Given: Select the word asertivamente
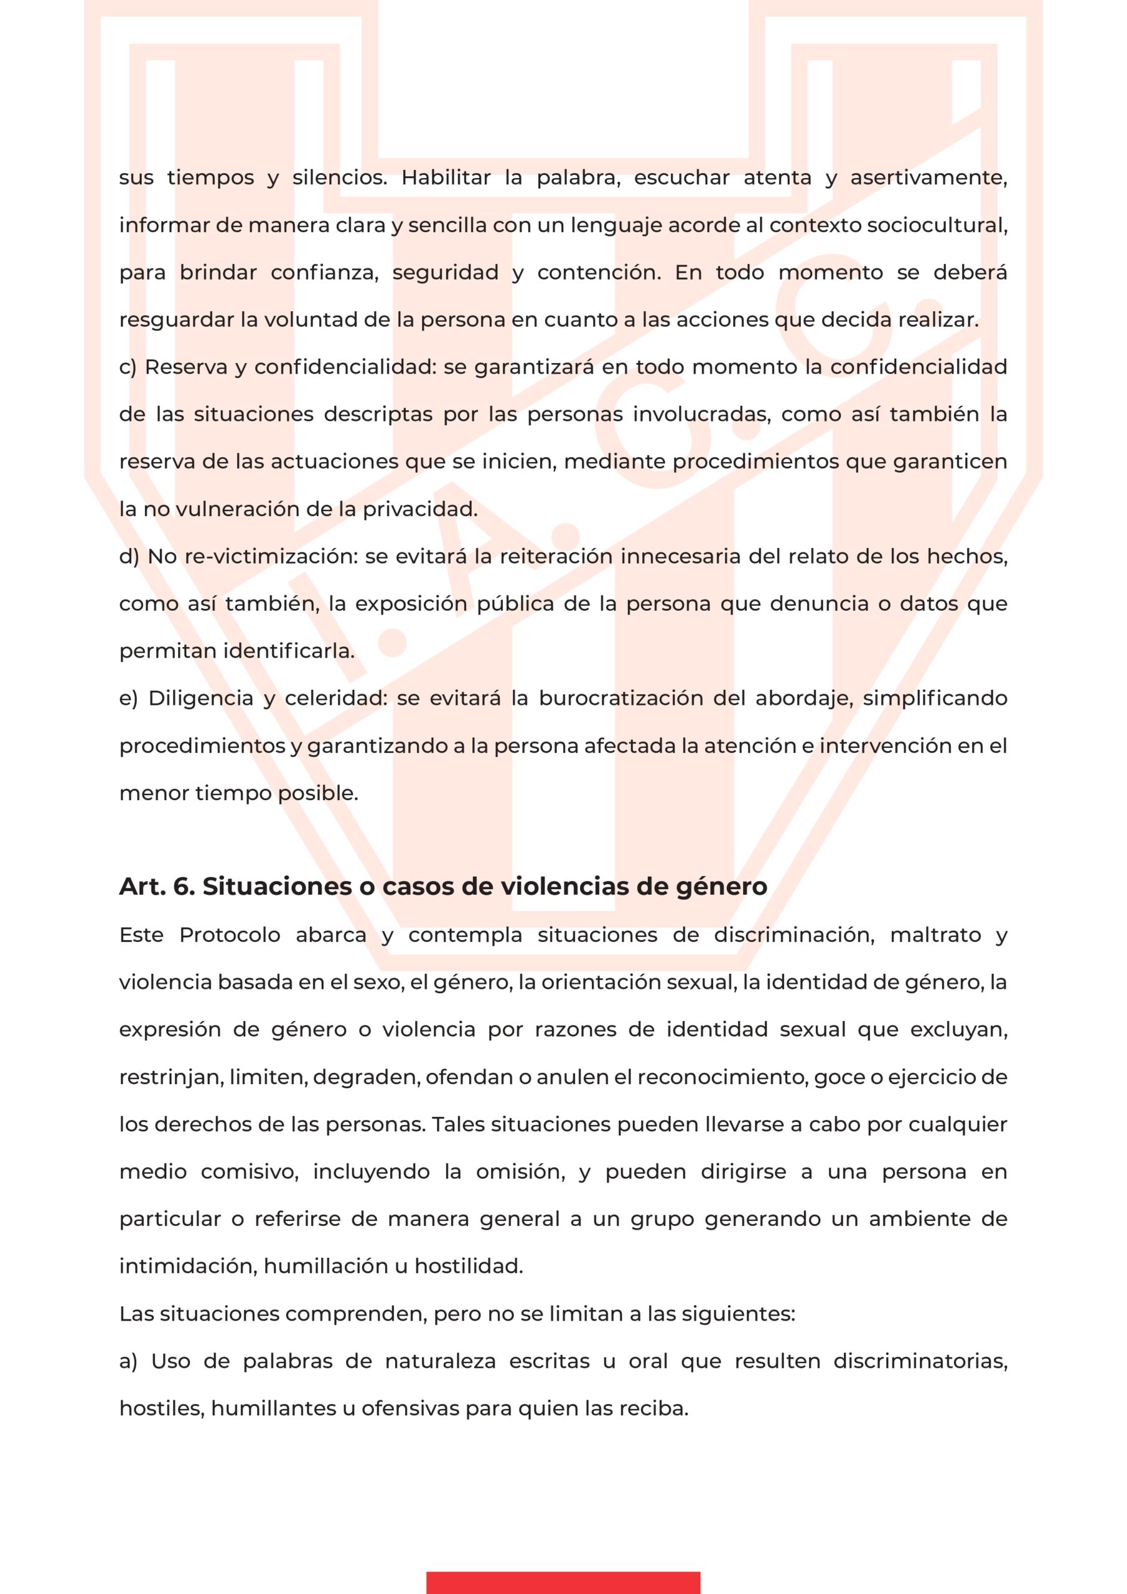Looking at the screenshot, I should pyautogui.click(x=928, y=177).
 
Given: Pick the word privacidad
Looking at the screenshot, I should pyautogui.click(x=420, y=509).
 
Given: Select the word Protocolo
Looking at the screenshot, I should pyautogui.click(x=230, y=935).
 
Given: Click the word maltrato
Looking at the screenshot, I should pyautogui.click(x=935, y=935).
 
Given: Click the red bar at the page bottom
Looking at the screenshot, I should pyautogui.click(x=563, y=1583).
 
